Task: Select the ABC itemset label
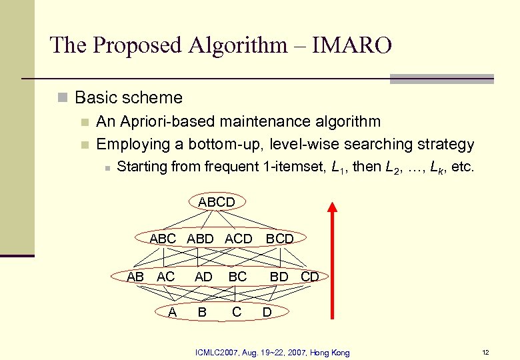click(163, 239)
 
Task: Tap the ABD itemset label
click(201, 239)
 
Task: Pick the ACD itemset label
click(239, 239)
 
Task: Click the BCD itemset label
click(280, 239)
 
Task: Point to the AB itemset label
click(135, 277)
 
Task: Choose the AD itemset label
click(203, 277)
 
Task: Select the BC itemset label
click(237, 277)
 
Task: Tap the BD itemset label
click(279, 277)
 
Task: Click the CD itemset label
click(310, 277)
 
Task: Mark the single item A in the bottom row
click(172, 312)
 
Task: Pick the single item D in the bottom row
click(267, 312)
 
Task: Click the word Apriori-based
click(157, 122)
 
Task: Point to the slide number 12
click(485, 352)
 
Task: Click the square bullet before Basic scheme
click(63, 98)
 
